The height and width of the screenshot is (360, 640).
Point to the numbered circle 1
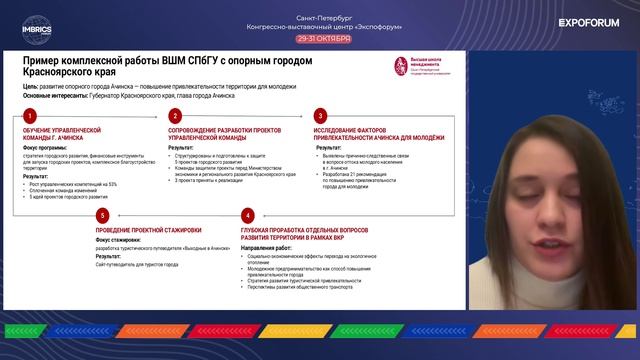point(31,115)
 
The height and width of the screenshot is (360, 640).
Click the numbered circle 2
point(175,115)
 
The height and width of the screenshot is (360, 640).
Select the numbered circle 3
point(320,115)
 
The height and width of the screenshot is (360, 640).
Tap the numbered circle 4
point(247,215)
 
